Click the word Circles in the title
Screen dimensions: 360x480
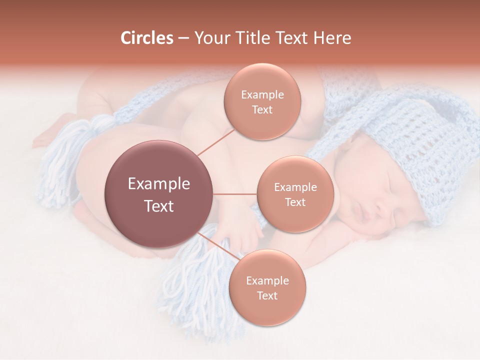click(x=146, y=38)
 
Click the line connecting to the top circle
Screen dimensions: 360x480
click(x=215, y=142)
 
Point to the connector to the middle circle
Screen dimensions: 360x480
click(x=235, y=194)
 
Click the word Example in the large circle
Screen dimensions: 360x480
click(x=159, y=184)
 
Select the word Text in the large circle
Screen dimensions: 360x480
click(x=159, y=206)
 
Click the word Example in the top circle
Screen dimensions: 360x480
click(x=262, y=95)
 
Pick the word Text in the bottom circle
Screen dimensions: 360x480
click(x=267, y=295)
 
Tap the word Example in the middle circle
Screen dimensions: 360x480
click(x=295, y=187)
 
